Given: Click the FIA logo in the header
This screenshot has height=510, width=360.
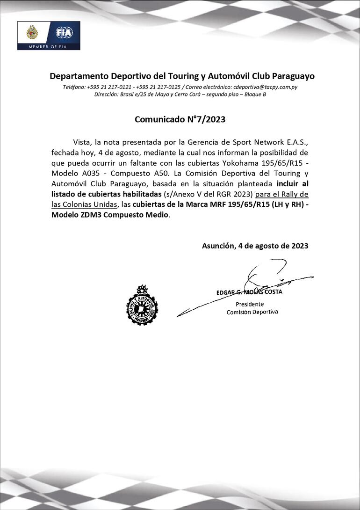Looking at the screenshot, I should click(64, 33).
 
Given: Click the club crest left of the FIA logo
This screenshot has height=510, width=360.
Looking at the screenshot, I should click(32, 33).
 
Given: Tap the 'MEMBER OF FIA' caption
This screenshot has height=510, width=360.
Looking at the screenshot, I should click(49, 46).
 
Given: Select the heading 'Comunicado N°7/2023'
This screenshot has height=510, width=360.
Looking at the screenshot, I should click(180, 119).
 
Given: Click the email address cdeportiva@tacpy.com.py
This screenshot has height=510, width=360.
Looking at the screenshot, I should click(266, 87).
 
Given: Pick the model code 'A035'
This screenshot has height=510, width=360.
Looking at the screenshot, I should click(92, 173).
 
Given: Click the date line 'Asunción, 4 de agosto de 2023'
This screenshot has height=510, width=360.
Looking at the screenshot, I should click(255, 246).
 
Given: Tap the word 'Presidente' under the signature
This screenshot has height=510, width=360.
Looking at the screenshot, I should click(252, 304).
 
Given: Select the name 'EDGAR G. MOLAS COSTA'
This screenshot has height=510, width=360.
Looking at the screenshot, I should click(249, 292).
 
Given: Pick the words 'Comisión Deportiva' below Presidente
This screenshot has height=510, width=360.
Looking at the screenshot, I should click(252, 312).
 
